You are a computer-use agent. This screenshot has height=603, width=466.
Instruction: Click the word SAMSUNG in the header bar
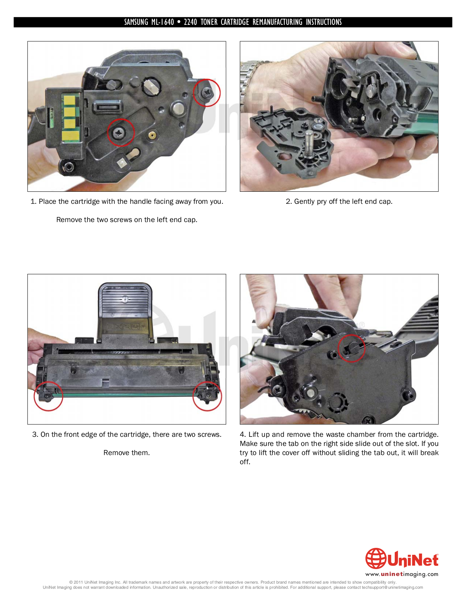pyautogui.click(x=136, y=22)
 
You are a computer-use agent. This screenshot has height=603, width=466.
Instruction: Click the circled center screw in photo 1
pyautogui.click(x=121, y=132)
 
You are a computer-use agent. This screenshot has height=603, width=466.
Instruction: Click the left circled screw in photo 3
pyautogui.click(x=48, y=396)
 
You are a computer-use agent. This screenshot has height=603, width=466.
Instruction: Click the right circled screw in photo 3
pyautogui.click(x=207, y=396)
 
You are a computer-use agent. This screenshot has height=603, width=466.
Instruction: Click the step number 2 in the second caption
pyautogui.click(x=288, y=202)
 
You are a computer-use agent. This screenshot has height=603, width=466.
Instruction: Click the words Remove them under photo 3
pyautogui.click(x=126, y=453)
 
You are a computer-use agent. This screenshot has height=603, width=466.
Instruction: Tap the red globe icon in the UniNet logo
pyautogui.click(x=375, y=558)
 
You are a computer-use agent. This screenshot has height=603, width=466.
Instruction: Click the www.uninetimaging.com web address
pyautogui.click(x=402, y=574)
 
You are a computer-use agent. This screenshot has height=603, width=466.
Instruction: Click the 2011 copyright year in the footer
pyautogui.click(x=78, y=583)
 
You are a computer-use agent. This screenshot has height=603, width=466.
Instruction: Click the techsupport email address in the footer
pyautogui.click(x=392, y=588)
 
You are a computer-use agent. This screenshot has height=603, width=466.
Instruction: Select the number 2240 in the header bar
pyautogui.click(x=190, y=22)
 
